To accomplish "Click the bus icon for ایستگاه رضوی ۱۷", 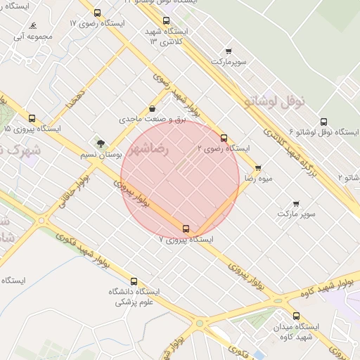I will [x=97, y=13].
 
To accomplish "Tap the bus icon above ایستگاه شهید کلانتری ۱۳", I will [x=166, y=20].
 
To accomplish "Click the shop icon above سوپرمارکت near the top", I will [x=229, y=51].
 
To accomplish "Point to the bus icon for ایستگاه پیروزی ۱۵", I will [x=32, y=118].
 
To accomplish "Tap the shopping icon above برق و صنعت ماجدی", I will [x=153, y=109].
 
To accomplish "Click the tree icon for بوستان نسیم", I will [x=101, y=143].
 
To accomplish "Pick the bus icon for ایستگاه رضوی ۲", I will [x=224, y=138].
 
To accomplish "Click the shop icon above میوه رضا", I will [x=258, y=168].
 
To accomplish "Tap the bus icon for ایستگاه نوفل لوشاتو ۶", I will [x=323, y=122].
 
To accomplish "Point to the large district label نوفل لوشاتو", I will [x=275, y=102].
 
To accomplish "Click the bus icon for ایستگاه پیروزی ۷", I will [x=186, y=229].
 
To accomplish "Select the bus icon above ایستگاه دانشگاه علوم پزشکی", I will [x=134, y=281].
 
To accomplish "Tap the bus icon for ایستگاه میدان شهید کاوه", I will [x=296, y=316].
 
